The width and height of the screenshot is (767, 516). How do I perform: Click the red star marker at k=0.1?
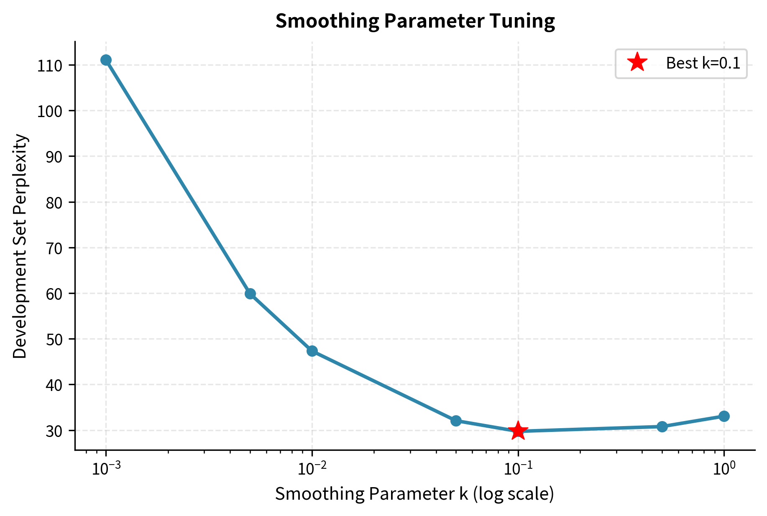(518, 431)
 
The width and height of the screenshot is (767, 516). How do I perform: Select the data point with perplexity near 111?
(106, 60)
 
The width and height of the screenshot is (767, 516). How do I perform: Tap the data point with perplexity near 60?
(250, 294)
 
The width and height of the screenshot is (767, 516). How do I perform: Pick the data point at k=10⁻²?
(312, 351)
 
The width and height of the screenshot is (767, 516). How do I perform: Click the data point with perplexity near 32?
(456, 420)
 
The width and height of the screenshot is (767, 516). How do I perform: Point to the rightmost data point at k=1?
(724, 416)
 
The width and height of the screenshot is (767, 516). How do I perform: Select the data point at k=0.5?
(662, 427)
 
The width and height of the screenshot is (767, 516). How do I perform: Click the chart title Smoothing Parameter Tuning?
(415, 21)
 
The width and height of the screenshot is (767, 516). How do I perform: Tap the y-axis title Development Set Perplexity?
(20, 246)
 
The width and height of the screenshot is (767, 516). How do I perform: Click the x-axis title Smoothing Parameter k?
(414, 494)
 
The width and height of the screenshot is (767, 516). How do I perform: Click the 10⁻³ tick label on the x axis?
(105, 469)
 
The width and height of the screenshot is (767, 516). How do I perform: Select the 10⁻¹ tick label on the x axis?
(518, 469)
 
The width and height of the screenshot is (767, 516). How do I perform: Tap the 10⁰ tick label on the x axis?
(724, 469)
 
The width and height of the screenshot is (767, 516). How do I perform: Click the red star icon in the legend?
(637, 63)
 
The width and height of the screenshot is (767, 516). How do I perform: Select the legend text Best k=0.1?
(703, 64)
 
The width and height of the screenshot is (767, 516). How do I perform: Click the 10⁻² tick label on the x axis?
(312, 469)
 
